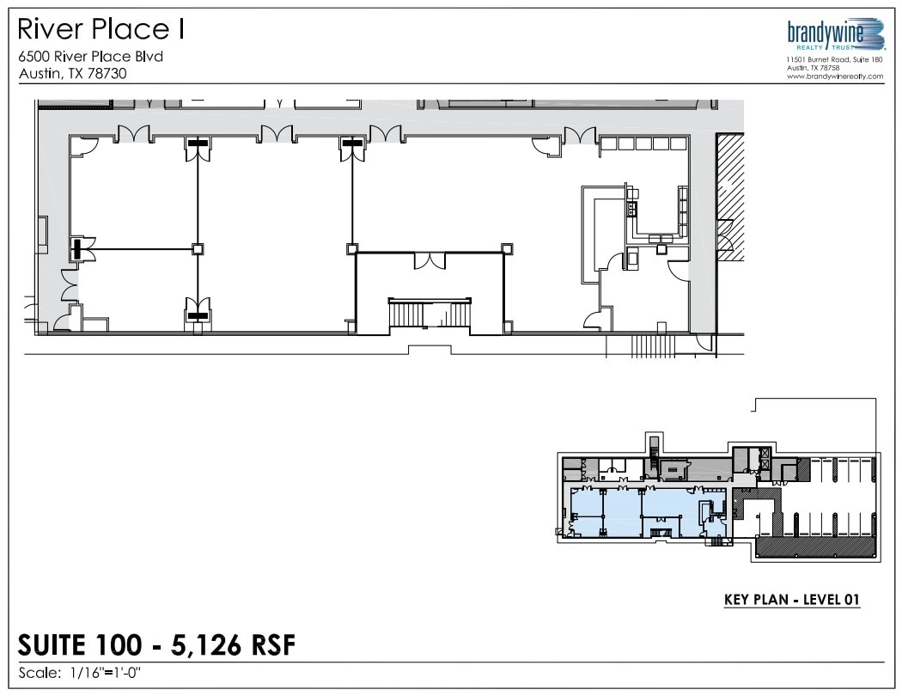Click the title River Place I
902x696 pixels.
(101, 30)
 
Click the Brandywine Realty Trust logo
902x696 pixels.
(835, 35)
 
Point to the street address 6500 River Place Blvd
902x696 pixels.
(90, 57)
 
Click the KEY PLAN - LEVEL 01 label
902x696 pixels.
(792, 600)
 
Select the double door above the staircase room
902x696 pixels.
(429, 260)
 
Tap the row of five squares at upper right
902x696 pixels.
(643, 144)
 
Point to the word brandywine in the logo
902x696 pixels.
(824, 32)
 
